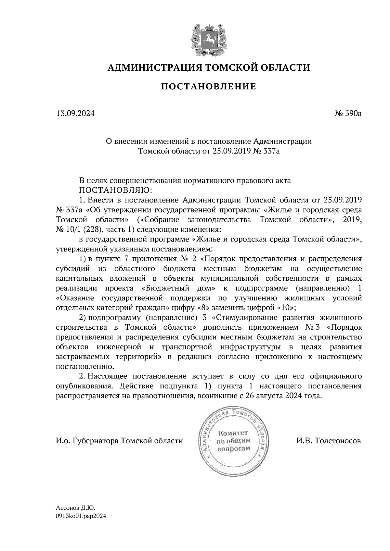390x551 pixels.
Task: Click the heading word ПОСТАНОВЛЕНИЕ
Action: pyautogui.click(x=208, y=87)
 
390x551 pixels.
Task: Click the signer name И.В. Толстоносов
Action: pyautogui.click(x=328, y=441)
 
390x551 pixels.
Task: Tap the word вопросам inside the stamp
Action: pyautogui.click(x=233, y=448)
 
